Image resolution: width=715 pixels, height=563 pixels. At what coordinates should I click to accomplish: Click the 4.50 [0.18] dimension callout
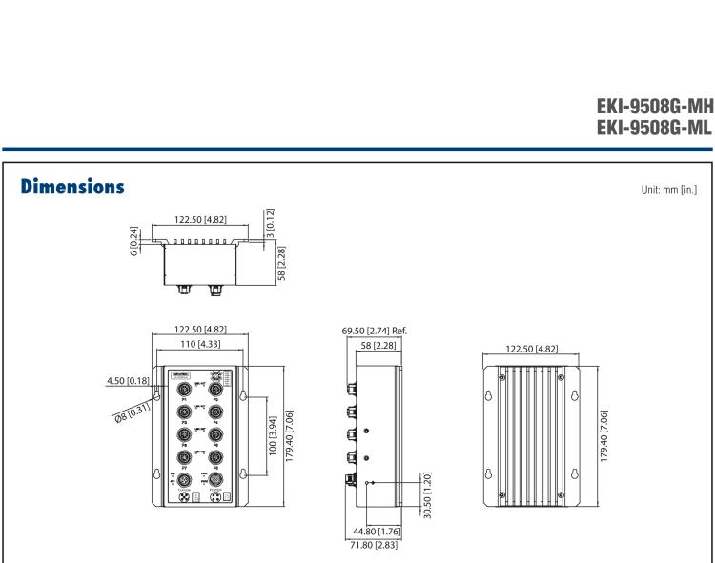click(x=127, y=382)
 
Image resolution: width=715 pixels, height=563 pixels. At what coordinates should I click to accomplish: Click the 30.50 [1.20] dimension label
click(x=427, y=491)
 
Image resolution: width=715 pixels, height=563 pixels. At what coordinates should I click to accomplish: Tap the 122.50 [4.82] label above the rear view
click(x=534, y=350)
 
